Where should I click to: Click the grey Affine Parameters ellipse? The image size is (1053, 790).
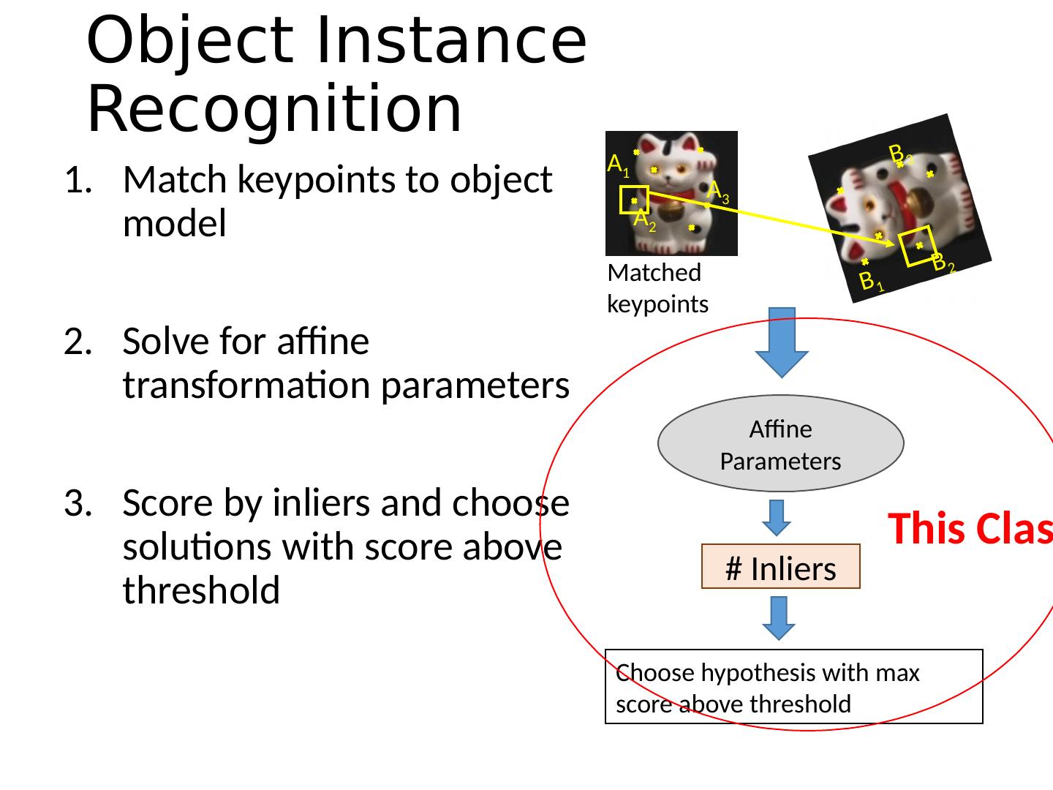pyautogui.click(x=780, y=444)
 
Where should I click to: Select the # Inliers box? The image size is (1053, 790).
pyautogui.click(x=780, y=568)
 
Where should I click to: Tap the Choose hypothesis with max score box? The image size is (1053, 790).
pyautogui.click(x=793, y=687)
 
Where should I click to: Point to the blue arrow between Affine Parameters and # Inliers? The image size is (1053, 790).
pyautogui.click(x=777, y=517)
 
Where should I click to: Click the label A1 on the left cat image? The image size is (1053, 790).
pyautogui.click(x=619, y=165)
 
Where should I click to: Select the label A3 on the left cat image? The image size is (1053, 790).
pyautogui.click(x=718, y=192)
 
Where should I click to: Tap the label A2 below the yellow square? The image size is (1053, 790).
pyautogui.click(x=644, y=219)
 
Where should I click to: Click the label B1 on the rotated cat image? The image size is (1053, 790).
pyautogui.click(x=871, y=282)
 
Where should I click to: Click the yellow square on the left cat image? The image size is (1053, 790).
pyautogui.click(x=633, y=200)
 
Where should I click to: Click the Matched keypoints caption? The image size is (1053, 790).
pyautogui.click(x=657, y=288)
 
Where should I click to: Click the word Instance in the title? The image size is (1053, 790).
pyautogui.click(x=450, y=40)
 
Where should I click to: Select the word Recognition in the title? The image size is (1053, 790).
pyautogui.click(x=274, y=110)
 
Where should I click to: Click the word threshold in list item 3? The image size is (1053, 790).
pyautogui.click(x=201, y=590)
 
